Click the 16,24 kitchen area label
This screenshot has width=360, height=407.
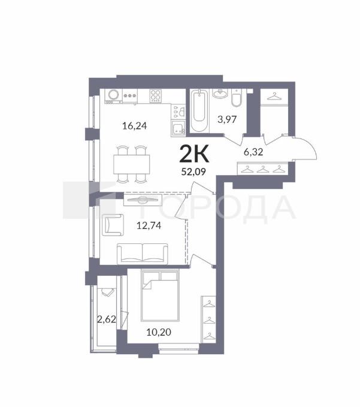[x=134, y=126]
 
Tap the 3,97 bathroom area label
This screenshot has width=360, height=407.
[x=227, y=119]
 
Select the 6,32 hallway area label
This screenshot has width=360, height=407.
[x=253, y=152]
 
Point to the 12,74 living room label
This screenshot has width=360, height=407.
[x=149, y=225]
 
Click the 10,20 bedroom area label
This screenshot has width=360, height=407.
[x=159, y=332]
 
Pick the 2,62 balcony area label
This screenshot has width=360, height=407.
[x=107, y=319]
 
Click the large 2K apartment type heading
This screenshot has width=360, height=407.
[x=194, y=154]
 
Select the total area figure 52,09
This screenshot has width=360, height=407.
[x=193, y=171]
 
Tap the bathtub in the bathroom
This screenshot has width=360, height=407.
[x=199, y=111]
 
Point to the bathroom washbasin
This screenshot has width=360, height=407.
[x=220, y=94]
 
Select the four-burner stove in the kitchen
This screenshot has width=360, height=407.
[x=155, y=95]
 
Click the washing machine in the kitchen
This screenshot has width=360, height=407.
[x=113, y=95]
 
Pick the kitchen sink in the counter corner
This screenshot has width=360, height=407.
[x=178, y=128]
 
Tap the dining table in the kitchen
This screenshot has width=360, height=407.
[x=132, y=164]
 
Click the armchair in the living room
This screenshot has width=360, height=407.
[x=113, y=225]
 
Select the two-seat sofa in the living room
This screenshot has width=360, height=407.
[x=143, y=254]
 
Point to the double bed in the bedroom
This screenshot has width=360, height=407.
[x=160, y=296]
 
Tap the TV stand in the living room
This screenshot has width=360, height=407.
[x=143, y=200]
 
